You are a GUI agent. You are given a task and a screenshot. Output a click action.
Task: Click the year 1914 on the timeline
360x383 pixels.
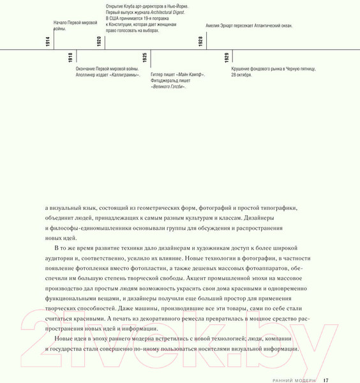click(48, 42)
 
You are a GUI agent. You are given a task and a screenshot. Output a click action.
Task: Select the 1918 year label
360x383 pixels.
click(70, 58)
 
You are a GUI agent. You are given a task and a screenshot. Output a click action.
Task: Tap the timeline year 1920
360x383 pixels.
click(99, 42)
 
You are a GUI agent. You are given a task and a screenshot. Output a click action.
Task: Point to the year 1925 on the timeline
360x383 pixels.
click(145, 58)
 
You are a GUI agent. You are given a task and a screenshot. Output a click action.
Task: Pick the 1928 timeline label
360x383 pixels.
click(200, 42)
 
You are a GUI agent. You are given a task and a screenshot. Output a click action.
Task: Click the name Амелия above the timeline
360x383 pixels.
click(214, 26)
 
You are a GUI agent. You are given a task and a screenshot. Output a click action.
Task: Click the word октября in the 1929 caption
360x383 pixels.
click(243, 75)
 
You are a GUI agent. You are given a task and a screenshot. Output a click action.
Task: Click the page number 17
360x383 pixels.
click(326, 380)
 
